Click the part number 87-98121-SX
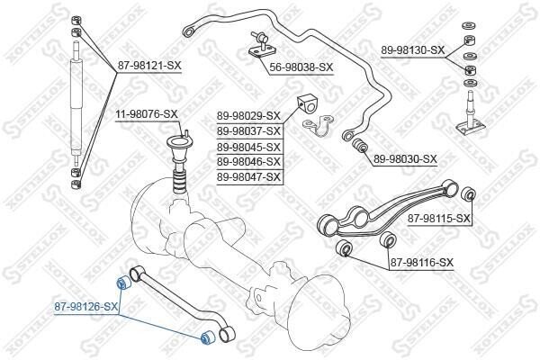(x=149, y=66)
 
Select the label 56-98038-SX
(x=301, y=67)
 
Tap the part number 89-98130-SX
(x=412, y=50)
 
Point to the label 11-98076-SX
(x=147, y=113)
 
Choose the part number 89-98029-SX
(x=248, y=116)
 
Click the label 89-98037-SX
(x=248, y=131)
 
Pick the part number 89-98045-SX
(x=248, y=147)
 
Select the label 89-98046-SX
(x=248, y=161)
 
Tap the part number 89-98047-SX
(x=248, y=177)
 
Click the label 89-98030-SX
(x=405, y=158)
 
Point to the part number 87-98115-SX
(x=439, y=218)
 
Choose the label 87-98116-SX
(x=422, y=263)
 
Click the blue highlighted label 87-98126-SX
(x=86, y=306)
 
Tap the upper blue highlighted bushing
(x=122, y=283)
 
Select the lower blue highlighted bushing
(x=208, y=337)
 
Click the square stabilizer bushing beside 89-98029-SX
(x=306, y=104)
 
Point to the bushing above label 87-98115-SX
(x=468, y=194)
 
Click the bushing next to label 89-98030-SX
(x=360, y=145)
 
